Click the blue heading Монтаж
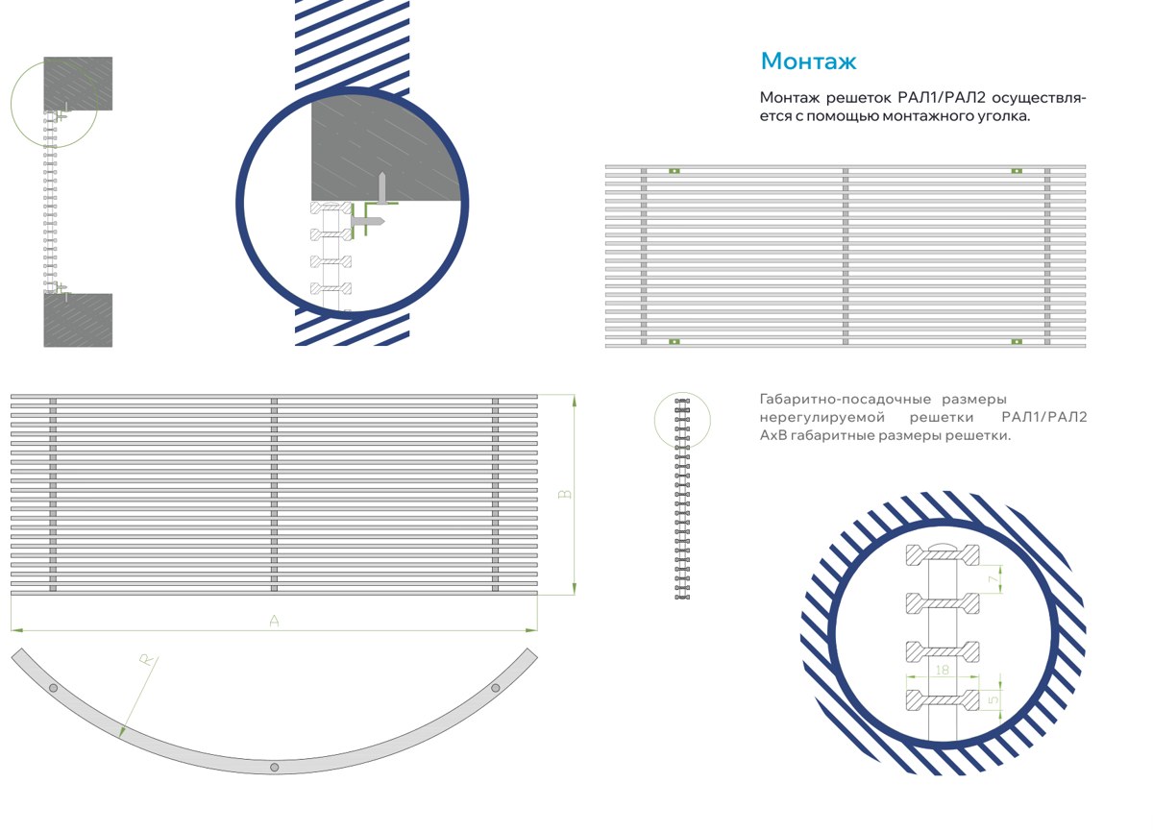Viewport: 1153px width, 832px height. pyautogui.click(x=808, y=61)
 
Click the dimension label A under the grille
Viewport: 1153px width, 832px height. pyautogui.click(x=274, y=621)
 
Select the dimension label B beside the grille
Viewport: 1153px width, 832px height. pyautogui.click(x=565, y=494)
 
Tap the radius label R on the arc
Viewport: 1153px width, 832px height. pyautogui.click(x=147, y=660)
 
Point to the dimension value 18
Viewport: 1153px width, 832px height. pyautogui.click(x=942, y=670)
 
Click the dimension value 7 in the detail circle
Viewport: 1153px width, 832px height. pyautogui.click(x=994, y=579)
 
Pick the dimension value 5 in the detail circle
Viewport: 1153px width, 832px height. pyautogui.click(x=994, y=699)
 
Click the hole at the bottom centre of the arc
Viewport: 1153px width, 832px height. pyautogui.click(x=275, y=768)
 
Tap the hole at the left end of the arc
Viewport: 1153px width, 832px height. pyautogui.click(x=53, y=688)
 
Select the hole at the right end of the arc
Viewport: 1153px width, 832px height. pyautogui.click(x=495, y=688)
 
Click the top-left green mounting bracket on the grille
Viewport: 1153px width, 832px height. pyautogui.click(x=675, y=171)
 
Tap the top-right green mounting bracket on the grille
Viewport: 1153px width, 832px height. pyautogui.click(x=1017, y=171)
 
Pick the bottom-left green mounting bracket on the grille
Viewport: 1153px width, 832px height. pyautogui.click(x=675, y=342)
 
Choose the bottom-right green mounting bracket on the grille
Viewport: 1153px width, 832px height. pyautogui.click(x=1017, y=342)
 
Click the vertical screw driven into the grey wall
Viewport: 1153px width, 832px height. pyautogui.click(x=382, y=187)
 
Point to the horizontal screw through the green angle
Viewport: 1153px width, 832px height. pyautogui.click(x=367, y=221)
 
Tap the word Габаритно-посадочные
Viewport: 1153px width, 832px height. pyautogui.click(x=846, y=400)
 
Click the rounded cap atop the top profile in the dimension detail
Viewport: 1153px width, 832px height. pyautogui.click(x=942, y=545)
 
